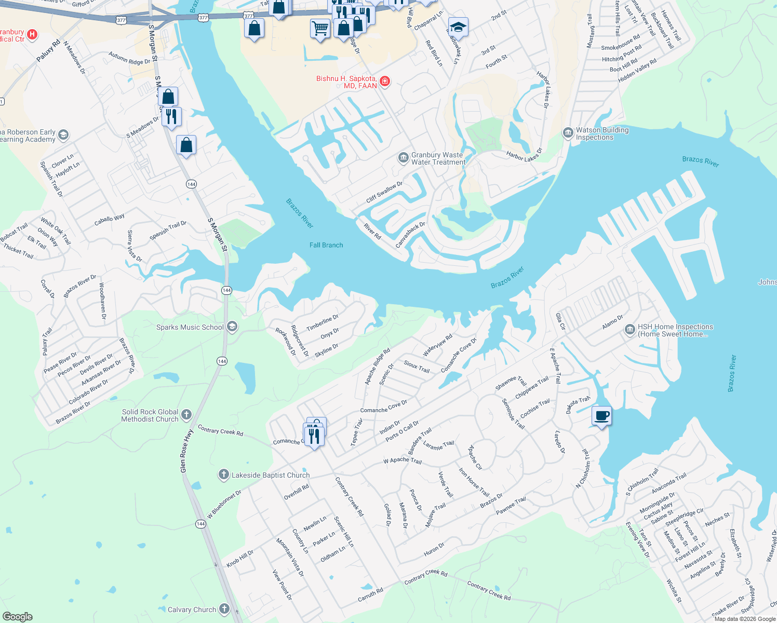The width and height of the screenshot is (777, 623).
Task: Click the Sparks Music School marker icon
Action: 232,327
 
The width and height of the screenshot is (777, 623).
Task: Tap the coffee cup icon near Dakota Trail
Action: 601,416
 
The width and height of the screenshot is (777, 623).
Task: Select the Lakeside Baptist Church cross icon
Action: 223,475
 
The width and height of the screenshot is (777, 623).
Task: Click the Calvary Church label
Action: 192,610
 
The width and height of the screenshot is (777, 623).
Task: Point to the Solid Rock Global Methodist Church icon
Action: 186,415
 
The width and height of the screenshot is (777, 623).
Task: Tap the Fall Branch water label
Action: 326,245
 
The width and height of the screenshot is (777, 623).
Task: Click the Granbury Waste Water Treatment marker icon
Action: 403,158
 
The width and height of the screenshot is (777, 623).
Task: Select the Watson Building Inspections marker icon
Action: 568,133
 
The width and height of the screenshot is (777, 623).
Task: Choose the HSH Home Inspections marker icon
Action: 629,330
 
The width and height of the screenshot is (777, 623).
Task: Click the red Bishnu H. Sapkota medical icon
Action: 385,82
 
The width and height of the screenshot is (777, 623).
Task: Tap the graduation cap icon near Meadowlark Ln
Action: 458,27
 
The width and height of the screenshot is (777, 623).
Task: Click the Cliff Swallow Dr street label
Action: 384,192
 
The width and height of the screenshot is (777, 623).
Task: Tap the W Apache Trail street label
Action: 403,461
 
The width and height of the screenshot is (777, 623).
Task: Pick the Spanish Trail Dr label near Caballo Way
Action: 168,231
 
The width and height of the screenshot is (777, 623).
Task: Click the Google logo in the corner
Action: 17,617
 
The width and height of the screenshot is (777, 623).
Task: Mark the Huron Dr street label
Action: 434,549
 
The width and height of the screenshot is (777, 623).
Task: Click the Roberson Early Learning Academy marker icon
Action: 63,136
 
